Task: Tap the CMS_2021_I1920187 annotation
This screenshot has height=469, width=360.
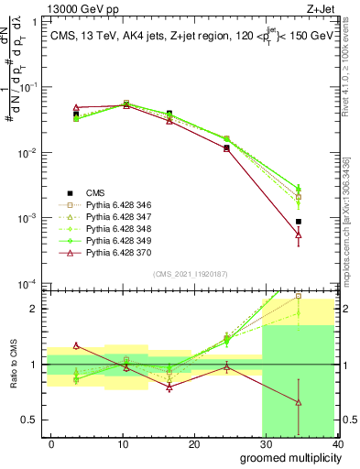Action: [x=191, y=274]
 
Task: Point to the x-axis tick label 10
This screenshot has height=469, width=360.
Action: [x=123, y=443]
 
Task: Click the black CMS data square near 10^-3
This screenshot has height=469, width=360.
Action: [x=324, y=222]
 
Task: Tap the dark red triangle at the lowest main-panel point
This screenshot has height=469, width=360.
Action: [x=324, y=234]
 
